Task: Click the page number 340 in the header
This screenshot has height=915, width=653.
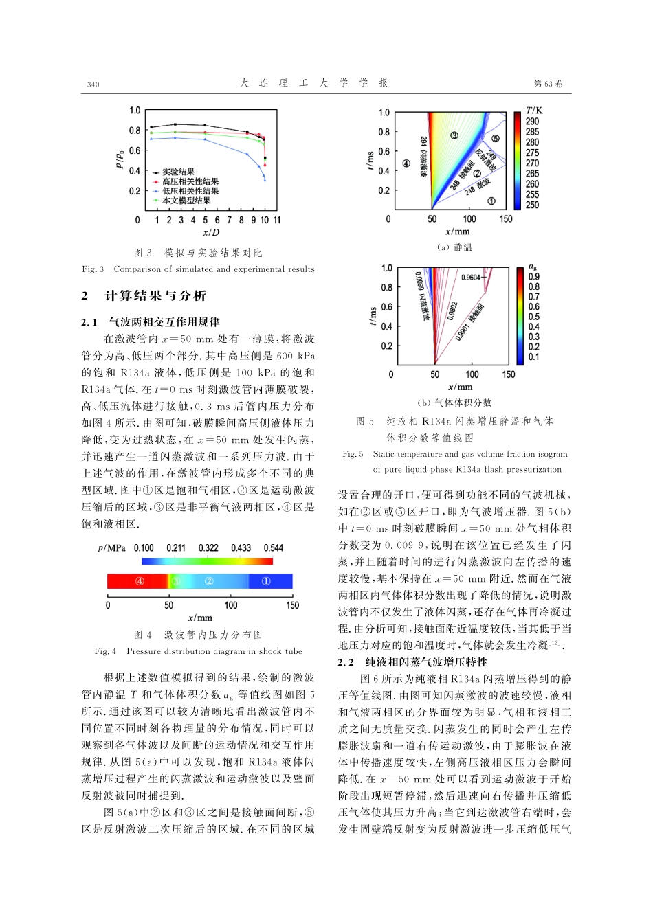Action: (x=93, y=84)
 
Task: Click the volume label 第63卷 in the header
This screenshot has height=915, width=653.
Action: (x=548, y=84)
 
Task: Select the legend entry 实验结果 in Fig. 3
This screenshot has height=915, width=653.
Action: (x=178, y=172)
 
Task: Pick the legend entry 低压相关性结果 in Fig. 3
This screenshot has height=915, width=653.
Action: (x=190, y=191)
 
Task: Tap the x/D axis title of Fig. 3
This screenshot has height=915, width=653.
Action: (x=210, y=233)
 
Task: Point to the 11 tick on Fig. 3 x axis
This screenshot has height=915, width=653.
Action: (x=277, y=220)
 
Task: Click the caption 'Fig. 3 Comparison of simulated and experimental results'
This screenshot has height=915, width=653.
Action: (x=198, y=269)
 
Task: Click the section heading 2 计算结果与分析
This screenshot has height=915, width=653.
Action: (x=144, y=296)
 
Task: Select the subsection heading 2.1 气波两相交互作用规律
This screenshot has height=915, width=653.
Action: (x=151, y=321)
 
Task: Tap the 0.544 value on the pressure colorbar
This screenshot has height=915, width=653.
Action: (x=273, y=547)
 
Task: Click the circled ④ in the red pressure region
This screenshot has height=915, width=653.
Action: (x=140, y=581)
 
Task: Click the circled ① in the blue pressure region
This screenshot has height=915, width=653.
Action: (x=266, y=581)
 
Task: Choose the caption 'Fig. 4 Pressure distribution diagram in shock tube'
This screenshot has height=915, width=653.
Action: (x=198, y=651)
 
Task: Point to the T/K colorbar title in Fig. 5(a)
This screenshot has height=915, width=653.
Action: (x=534, y=110)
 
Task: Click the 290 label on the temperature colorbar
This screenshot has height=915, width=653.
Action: (x=532, y=122)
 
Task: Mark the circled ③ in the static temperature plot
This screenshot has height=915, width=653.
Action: (x=454, y=135)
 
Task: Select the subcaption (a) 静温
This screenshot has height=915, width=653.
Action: (x=454, y=247)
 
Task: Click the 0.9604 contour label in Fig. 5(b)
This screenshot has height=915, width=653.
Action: (x=471, y=278)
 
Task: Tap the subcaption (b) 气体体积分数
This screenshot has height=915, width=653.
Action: (x=454, y=403)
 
